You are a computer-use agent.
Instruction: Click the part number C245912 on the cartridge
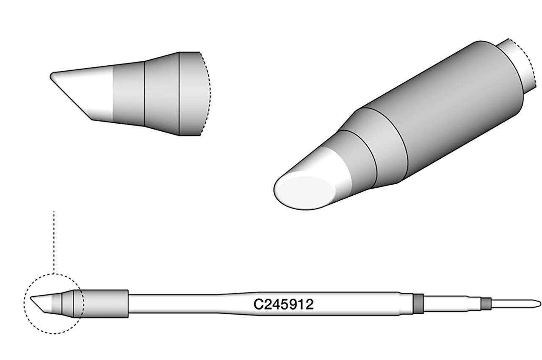[x=283, y=304]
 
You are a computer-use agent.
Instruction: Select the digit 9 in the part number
[x=296, y=304]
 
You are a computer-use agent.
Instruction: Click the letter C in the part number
[x=257, y=304]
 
